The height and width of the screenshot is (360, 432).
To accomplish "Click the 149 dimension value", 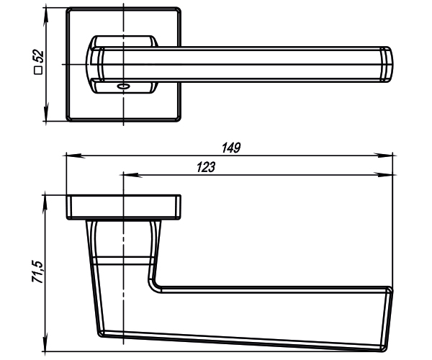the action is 231,148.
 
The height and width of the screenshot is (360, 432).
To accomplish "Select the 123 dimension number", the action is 206,167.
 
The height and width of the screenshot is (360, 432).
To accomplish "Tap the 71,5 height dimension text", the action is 37,272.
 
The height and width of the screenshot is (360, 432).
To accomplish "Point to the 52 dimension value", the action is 37,56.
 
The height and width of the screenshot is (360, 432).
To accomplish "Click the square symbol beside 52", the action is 38,71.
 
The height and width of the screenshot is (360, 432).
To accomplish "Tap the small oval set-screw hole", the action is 123,86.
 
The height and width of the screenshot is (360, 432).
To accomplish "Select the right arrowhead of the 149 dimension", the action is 385,156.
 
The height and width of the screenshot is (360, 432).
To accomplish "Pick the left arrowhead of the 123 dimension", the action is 131,175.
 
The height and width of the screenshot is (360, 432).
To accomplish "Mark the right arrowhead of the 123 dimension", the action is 385,175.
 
